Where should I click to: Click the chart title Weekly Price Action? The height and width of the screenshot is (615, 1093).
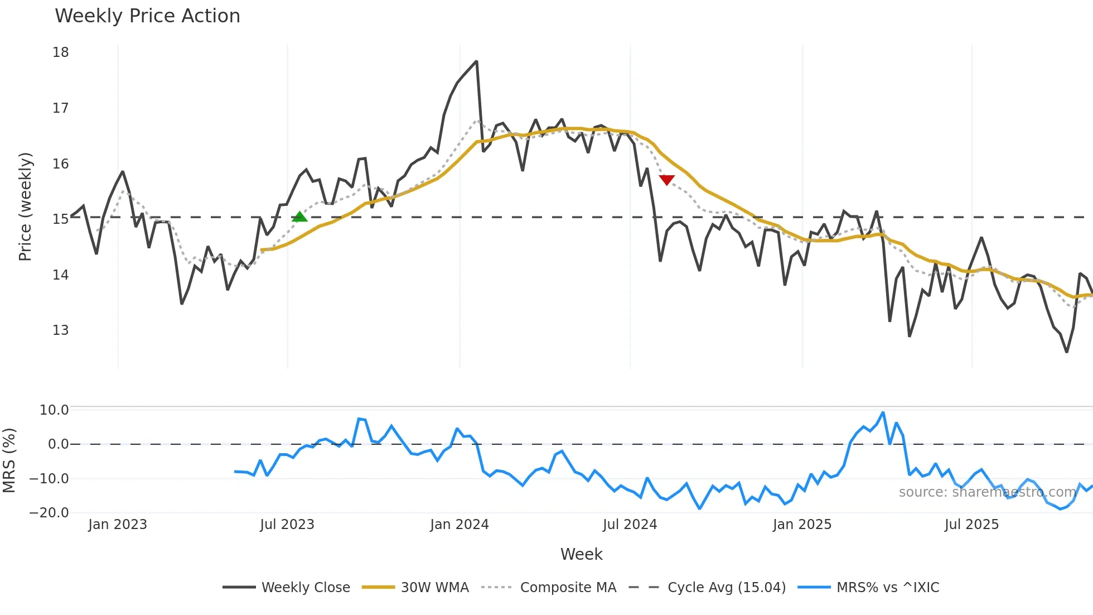point(147,16)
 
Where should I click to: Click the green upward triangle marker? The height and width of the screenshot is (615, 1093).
point(299,217)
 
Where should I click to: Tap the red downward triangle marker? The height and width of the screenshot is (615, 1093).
point(666,180)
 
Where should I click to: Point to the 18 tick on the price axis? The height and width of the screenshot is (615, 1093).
point(61,52)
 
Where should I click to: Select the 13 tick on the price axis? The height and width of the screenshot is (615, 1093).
point(61,330)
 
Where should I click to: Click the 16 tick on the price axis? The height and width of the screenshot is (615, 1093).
point(61,164)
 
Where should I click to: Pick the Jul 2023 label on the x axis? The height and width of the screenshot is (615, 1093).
point(287,525)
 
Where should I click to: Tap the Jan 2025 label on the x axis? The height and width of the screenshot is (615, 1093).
point(802,525)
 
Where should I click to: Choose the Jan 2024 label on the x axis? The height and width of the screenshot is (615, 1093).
point(460,525)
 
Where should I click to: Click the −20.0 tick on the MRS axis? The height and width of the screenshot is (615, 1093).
point(49,513)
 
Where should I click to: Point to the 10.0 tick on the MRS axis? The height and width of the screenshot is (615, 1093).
point(54,410)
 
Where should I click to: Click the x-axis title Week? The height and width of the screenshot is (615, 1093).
point(581,554)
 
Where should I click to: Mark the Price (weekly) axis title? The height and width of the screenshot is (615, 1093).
point(26,206)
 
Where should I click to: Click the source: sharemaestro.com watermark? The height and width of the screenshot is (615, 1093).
point(987,492)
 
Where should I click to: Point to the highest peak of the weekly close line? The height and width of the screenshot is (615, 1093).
point(476,61)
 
